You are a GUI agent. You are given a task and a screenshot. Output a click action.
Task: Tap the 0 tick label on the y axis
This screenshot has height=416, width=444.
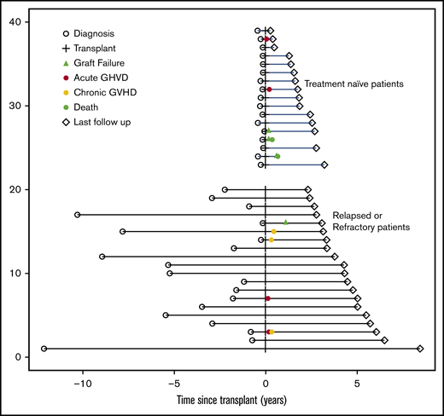point(29,356)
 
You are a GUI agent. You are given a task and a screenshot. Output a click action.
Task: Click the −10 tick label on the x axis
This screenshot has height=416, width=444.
point(83,383)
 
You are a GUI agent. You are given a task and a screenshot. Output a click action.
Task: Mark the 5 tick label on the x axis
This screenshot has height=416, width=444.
point(357,383)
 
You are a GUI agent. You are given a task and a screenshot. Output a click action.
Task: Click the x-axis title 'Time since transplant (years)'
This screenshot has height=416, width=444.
point(231,401)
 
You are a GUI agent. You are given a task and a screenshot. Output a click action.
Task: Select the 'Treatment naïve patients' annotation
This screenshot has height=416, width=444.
point(353,84)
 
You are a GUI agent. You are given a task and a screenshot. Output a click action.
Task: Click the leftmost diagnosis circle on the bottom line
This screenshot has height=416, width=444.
point(44,349)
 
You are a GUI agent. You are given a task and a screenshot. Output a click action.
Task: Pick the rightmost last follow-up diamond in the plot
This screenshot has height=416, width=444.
point(420,349)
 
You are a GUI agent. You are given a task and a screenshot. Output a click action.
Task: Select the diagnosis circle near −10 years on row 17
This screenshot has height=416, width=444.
point(78,215)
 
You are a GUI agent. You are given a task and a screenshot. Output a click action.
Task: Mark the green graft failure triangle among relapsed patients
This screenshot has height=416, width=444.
point(286,222)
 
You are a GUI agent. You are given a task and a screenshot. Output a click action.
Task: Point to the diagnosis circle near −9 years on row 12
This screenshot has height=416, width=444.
point(102,257)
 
